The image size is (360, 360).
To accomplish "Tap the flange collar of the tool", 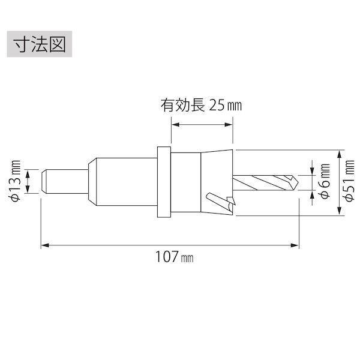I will point(164,182).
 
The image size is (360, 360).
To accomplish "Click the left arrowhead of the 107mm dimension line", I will point(44,245).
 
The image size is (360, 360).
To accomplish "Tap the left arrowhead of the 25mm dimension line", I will point(175,125).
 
